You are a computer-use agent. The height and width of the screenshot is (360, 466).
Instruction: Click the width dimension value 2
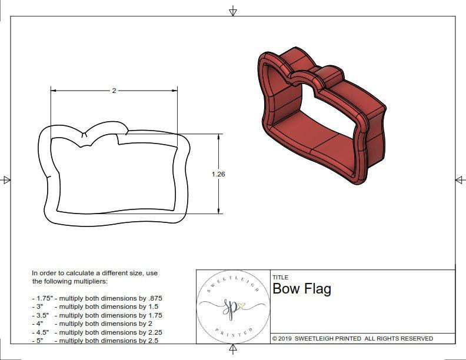114,91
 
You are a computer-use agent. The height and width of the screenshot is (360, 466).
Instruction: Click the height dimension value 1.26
219,174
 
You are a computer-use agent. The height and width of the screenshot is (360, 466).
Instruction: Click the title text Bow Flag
301,289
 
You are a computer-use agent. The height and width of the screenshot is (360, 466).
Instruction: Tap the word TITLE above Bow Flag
280,278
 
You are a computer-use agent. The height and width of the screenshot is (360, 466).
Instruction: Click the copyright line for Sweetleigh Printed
352,338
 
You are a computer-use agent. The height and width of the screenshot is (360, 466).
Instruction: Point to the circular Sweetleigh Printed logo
232,306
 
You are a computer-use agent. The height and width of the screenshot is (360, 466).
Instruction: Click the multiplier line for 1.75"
96,298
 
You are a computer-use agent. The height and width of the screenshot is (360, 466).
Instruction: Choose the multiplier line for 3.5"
96,315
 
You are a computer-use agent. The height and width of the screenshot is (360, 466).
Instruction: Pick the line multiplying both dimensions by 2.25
96,332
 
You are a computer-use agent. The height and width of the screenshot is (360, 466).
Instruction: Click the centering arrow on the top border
233,11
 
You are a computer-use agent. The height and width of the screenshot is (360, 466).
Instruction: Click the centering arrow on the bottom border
233,350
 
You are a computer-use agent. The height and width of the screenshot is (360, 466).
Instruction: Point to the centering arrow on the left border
6,179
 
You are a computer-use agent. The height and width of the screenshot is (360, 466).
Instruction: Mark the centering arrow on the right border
460,179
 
